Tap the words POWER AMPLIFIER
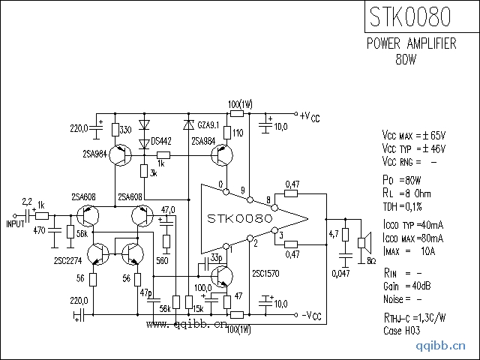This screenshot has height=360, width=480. pos(411,44)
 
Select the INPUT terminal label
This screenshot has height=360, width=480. pos(15,223)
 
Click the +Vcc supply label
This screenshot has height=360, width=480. pos(309,116)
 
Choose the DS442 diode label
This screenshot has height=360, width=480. pos(161,141)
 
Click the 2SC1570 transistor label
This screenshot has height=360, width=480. pos(267,274)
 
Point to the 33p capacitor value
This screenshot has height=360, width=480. pos(216,258)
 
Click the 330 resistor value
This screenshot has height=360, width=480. pos(126,130)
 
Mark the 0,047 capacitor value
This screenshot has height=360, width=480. pos(341,273)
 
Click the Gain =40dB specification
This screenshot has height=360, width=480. pos(407,286)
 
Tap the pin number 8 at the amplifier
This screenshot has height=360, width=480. pos(268,199)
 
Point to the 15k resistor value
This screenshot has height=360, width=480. pos(199,308)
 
